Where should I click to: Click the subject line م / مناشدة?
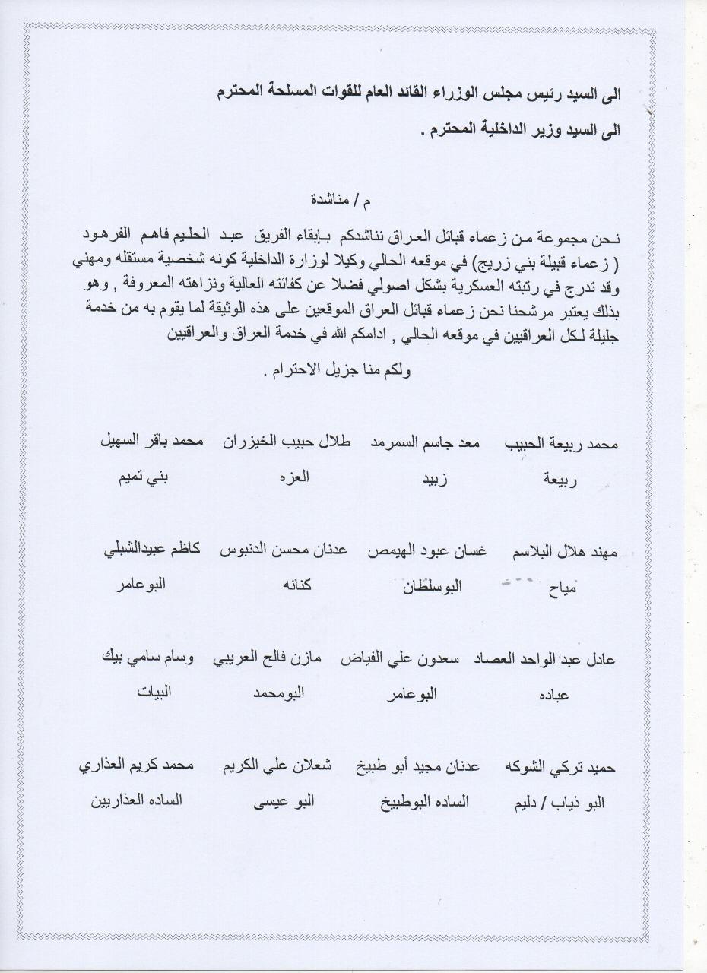coord(341,202)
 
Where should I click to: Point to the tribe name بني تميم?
coord(142,479)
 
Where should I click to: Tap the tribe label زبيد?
coord(434,480)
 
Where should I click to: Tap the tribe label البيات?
coord(154,693)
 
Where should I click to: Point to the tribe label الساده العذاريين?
coord(138,801)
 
